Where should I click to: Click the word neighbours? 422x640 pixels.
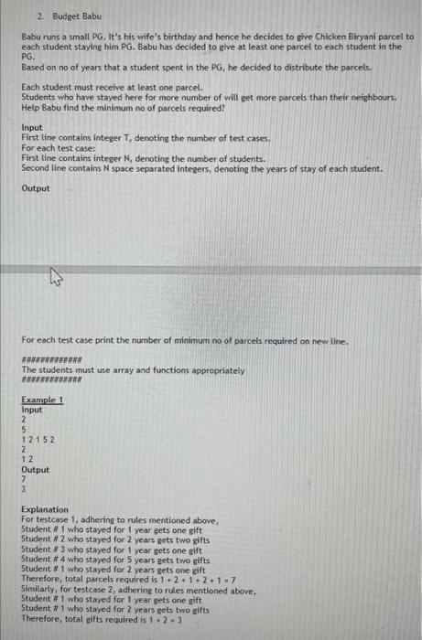tap(373, 95)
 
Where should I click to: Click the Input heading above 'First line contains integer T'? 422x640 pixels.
tap(31, 127)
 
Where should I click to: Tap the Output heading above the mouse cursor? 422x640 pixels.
tap(36, 188)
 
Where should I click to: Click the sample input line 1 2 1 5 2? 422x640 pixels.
tap(38, 439)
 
